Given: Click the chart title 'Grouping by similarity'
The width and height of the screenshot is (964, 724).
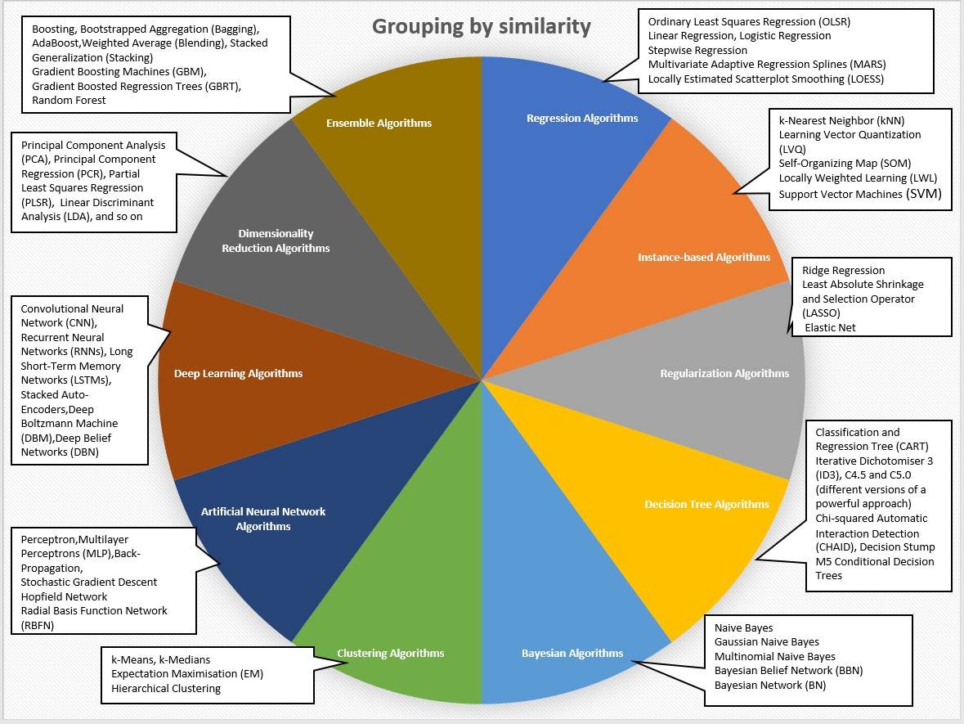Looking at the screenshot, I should pos(481,26).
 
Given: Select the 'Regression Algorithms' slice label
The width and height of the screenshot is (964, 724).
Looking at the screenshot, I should pos(582,119).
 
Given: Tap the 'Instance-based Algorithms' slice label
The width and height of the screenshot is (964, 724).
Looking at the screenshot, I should pos(703,258).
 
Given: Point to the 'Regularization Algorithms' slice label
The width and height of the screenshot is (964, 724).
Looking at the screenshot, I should pos(724,374).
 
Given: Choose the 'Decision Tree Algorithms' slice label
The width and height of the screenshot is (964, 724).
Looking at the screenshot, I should pos(706,505).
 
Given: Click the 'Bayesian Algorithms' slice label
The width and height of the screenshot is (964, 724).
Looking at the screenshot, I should pos(572,654).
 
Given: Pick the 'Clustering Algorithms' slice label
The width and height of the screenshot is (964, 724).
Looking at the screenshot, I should pos(391,654).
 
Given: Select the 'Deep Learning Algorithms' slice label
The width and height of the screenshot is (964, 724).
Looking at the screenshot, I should pos(238,374).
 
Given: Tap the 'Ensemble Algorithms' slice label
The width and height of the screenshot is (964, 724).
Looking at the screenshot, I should pos(379,124).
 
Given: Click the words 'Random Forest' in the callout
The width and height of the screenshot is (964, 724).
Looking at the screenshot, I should pos(69,101).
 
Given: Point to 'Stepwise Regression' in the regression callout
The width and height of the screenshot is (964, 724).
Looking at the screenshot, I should pos(697,51).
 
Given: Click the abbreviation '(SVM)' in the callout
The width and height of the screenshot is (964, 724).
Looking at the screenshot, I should pos(922,194).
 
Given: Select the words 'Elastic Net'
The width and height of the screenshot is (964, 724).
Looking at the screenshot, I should pos(831,328).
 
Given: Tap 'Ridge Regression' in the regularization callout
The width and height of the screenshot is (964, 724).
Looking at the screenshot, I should pos(843,271).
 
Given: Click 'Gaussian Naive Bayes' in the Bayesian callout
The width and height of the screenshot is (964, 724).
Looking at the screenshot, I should pos(766,642).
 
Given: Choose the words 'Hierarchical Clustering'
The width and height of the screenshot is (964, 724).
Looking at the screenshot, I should pos(166,689).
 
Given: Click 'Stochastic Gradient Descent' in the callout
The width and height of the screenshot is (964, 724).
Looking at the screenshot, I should pos(89,582).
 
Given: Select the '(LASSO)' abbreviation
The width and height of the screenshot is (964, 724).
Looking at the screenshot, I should pos(821,313).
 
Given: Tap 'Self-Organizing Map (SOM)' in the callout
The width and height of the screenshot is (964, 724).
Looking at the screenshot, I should pos(845,164).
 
